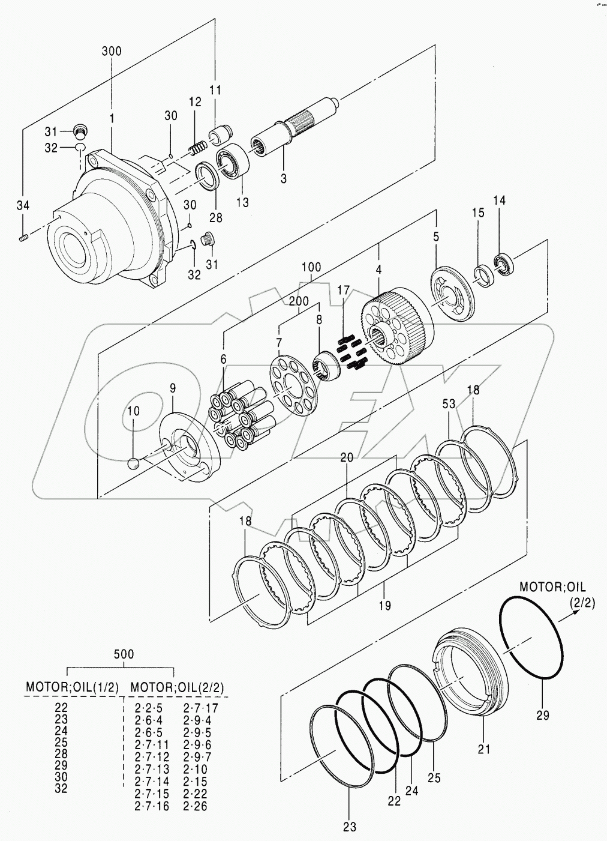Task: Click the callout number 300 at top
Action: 111,52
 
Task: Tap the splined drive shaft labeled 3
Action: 294,128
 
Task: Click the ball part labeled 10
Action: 134,464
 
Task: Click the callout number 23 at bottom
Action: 350,827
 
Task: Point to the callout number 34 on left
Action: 22,206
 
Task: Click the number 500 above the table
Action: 124,654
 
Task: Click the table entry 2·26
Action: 195,806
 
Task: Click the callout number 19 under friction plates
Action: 384,606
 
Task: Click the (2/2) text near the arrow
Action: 582,603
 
